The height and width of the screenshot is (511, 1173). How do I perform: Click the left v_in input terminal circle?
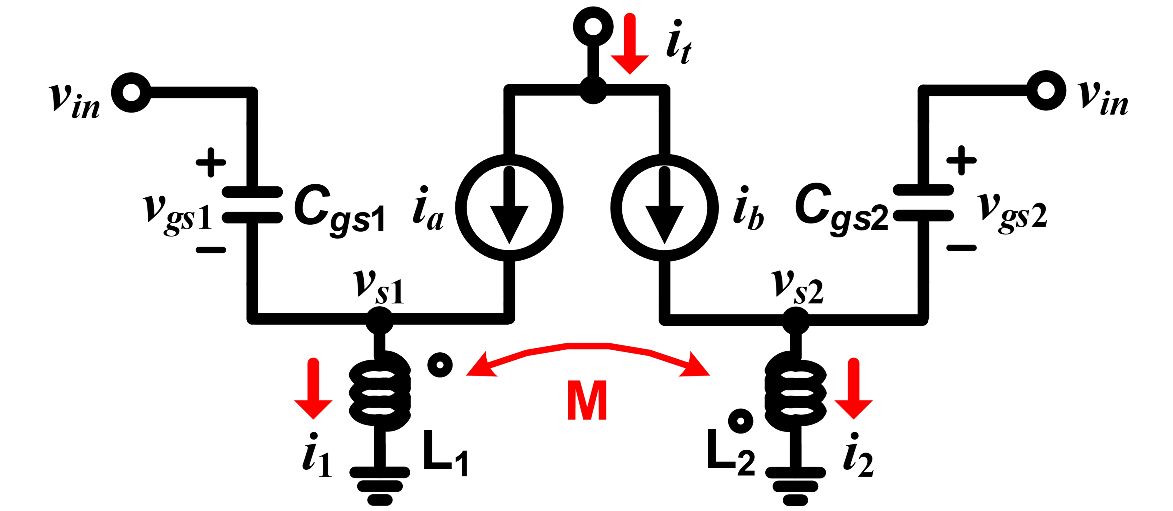[x=131, y=93]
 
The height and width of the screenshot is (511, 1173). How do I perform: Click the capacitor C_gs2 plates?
[x=923, y=203]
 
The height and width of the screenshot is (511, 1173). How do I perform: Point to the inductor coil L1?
[x=379, y=391]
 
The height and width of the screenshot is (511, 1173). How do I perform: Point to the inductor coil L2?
[x=795, y=391]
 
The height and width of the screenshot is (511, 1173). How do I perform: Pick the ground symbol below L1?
[x=379, y=486]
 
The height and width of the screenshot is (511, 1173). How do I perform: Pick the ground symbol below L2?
[x=795, y=486]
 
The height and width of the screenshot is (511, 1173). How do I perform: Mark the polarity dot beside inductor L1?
[x=440, y=365]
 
